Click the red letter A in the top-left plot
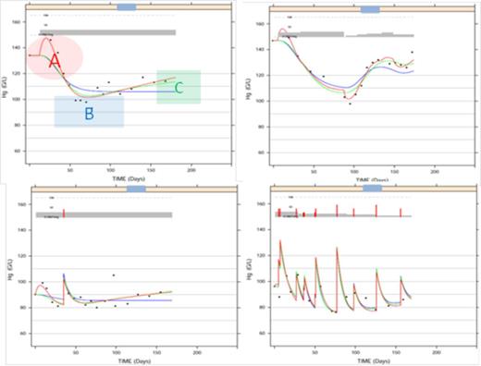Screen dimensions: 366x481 click(55, 60)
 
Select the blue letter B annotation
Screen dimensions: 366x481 click(89, 113)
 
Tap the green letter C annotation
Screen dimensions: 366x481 click(179, 88)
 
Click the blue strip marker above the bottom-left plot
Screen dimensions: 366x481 click(135, 189)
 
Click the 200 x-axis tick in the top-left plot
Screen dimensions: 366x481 click(191, 171)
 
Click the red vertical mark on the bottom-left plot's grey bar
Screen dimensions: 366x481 click(64, 213)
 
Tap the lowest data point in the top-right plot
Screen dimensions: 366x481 click(350, 104)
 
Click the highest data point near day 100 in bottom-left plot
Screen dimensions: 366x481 click(114, 275)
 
